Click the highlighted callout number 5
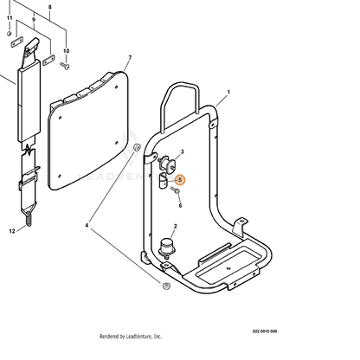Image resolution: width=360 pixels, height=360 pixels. pyautogui.click(x=180, y=180)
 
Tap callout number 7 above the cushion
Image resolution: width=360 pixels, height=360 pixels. pyautogui.click(x=130, y=58)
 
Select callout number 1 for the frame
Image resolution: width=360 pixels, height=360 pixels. pyautogui.click(x=228, y=92)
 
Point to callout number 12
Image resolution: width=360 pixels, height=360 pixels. pyautogui.click(x=12, y=231)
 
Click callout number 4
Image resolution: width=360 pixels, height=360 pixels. pyautogui.click(x=87, y=225)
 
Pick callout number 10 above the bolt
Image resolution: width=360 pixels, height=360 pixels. pyautogui.click(x=67, y=51)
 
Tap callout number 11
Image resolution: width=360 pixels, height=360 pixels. pyautogui.click(x=10, y=18)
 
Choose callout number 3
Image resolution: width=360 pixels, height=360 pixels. pyautogui.click(x=182, y=151)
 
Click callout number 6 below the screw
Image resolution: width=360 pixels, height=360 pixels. pyautogui.click(x=180, y=205)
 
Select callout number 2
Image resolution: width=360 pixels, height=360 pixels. pyautogui.click(x=175, y=227)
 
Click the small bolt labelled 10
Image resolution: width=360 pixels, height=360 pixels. pyautogui.click(x=65, y=66)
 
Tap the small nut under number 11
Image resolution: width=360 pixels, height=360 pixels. pyautogui.click(x=9, y=34)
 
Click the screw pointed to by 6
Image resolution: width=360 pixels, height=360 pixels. pyautogui.click(x=175, y=190)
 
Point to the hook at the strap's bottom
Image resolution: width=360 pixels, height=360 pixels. pyautogui.click(x=29, y=219)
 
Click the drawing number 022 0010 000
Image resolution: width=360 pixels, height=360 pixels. pyautogui.click(x=265, y=331)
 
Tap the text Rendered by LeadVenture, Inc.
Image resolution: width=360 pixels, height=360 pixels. pyautogui.click(x=131, y=337)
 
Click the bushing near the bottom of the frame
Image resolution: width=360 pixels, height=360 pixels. pyautogui.click(x=166, y=286)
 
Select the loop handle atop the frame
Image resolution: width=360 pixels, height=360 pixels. pyautogui.click(x=180, y=104)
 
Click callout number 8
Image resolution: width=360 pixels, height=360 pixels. pyautogui.click(x=49, y=7)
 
